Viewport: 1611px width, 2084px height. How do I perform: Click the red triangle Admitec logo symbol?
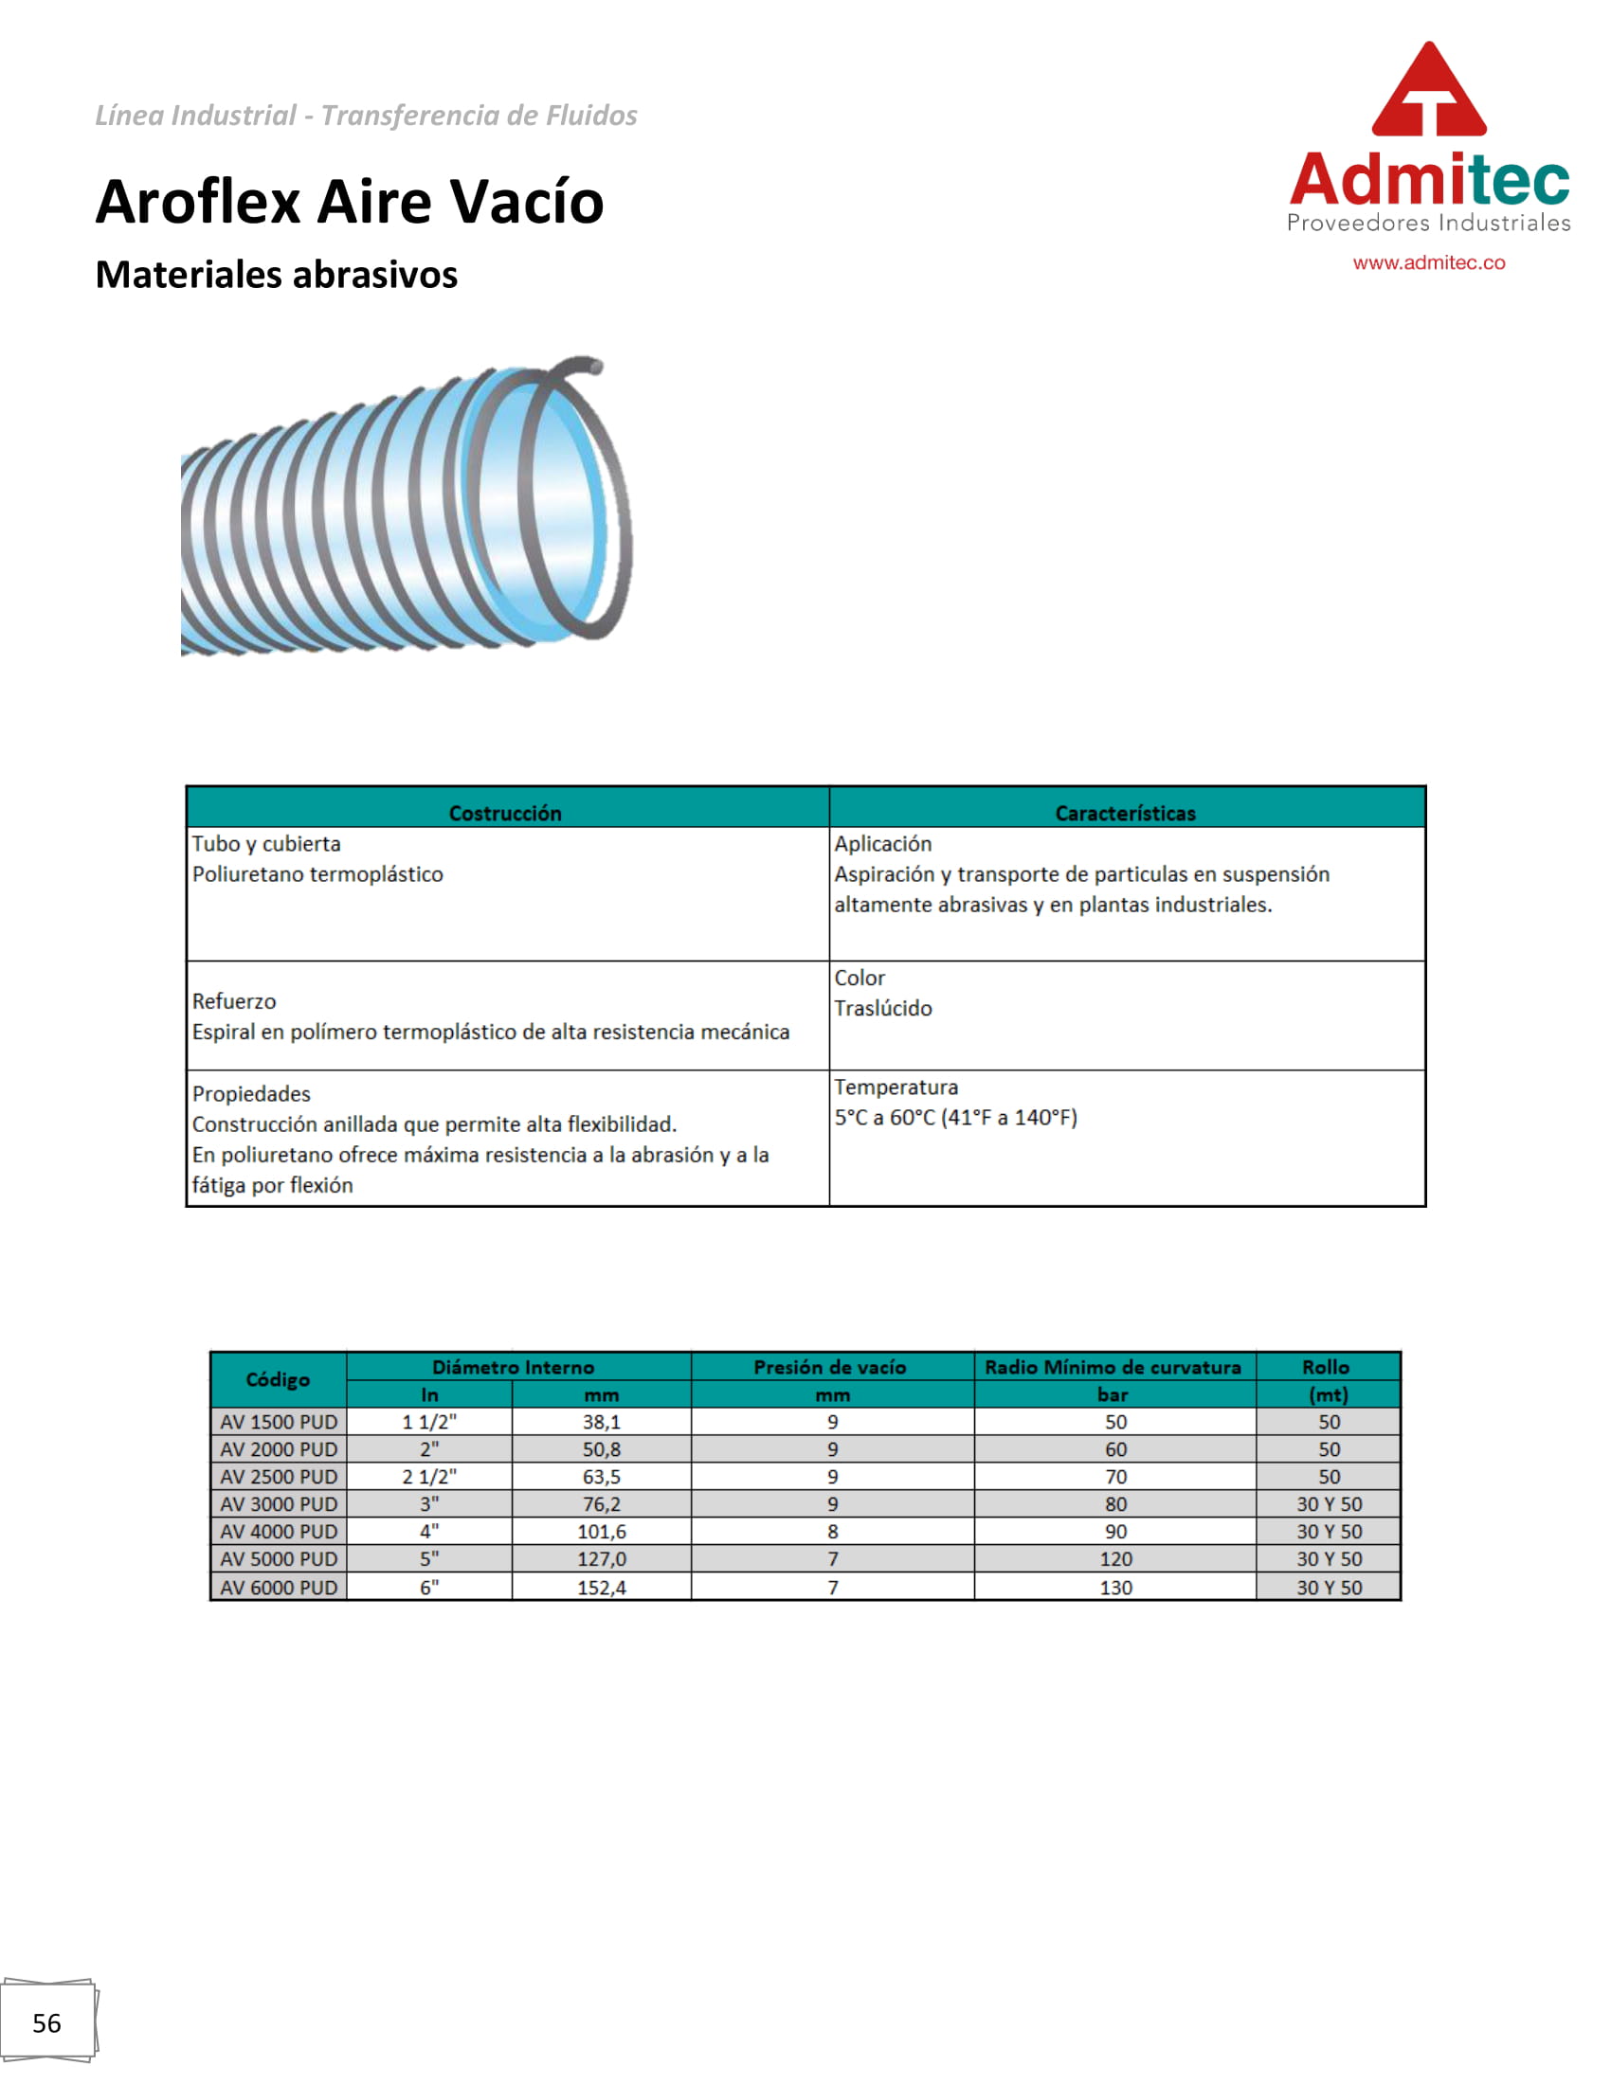pyautogui.click(x=1428, y=91)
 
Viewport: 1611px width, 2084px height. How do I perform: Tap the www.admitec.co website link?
pyautogui.click(x=1428, y=263)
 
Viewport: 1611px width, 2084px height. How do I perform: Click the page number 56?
pyautogui.click(x=46, y=2024)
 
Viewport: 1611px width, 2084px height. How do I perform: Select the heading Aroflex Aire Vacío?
pyautogui.click(x=350, y=203)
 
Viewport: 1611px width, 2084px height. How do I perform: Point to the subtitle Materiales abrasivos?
pyautogui.click(x=276, y=275)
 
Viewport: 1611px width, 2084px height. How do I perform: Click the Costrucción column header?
pyautogui.click(x=505, y=813)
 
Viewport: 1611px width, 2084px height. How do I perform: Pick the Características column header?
pyautogui.click(x=1125, y=813)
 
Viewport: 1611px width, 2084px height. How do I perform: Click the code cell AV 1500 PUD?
pyautogui.click(x=279, y=1422)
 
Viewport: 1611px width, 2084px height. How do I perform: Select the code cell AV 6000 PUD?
pyautogui.click(x=279, y=1588)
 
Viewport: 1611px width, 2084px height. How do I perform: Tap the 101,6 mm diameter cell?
pyautogui.click(x=601, y=1532)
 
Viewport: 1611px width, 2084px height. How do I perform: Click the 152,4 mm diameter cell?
pyautogui.click(x=601, y=1588)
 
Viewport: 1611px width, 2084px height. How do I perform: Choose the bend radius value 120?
pyautogui.click(x=1114, y=1559)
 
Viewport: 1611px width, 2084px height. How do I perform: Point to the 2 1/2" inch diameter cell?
pyautogui.click(x=429, y=1477)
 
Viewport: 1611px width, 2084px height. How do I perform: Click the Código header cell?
pyautogui.click(x=278, y=1380)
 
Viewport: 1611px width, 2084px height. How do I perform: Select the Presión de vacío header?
pyautogui.click(x=830, y=1367)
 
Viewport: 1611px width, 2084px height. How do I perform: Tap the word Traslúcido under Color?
pyautogui.click(x=883, y=1009)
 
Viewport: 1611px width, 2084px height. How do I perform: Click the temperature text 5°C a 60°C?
pyautogui.click(x=955, y=1118)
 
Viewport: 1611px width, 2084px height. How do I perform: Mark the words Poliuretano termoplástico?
pyautogui.click(x=317, y=874)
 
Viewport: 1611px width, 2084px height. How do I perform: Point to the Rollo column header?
pyautogui.click(x=1326, y=1367)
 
